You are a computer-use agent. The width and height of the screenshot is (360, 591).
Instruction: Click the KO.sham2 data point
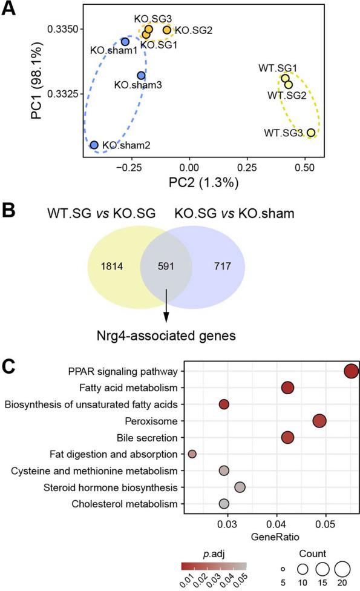point(94,145)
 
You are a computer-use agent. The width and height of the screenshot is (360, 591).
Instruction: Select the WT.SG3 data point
point(311,133)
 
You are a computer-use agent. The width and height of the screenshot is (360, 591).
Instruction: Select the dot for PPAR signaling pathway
point(351,371)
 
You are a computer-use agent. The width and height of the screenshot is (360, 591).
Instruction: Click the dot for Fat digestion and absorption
point(192,454)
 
